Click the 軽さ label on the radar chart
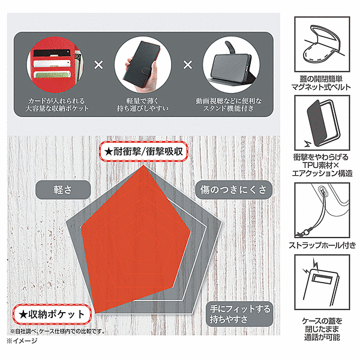pos(63,190)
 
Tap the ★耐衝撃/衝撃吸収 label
pos(143,152)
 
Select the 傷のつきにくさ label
pos(233,190)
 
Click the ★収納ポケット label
pos(52,314)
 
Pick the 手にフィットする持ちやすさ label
pos(239,314)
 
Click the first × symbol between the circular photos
pos(99,65)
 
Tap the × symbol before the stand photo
pos(188,65)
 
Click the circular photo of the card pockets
pos(55,65)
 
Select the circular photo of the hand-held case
pos(143,65)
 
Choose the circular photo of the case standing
pos(231,65)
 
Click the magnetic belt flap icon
pos(322,44)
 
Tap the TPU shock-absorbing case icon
pos(322,123)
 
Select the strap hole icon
pos(322,211)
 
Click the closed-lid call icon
pos(322,282)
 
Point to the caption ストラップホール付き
pos(322,245)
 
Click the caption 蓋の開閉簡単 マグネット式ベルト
pos(321,83)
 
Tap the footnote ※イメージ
pos(22,341)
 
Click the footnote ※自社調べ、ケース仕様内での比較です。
pos(58,332)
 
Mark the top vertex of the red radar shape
pos(144,165)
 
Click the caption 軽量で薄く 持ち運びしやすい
pos(143,104)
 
